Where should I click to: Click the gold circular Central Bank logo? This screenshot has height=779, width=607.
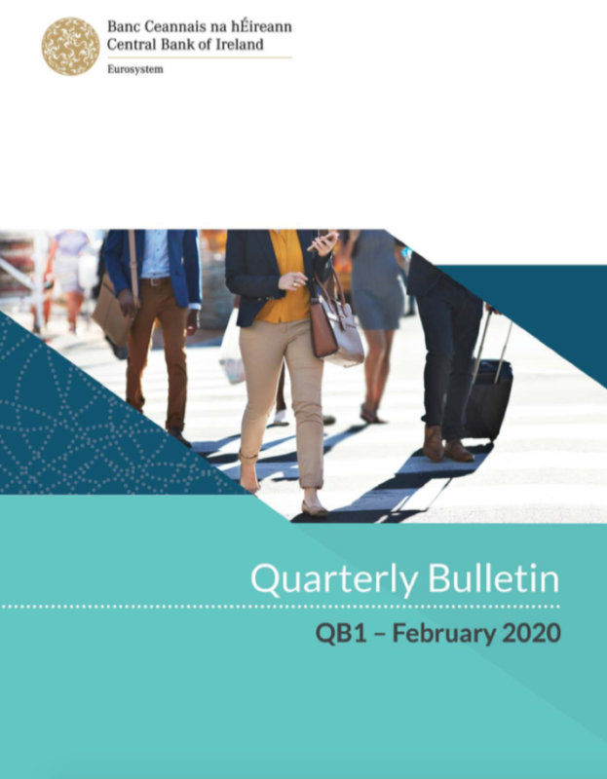70,46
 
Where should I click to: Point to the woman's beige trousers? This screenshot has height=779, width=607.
283,389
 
